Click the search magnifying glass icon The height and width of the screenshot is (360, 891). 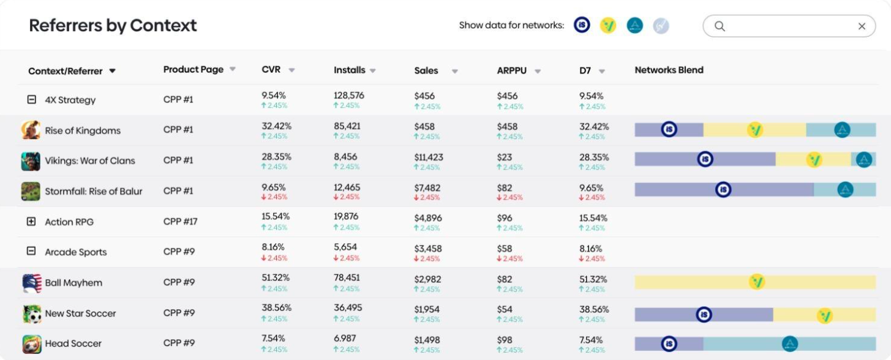720,26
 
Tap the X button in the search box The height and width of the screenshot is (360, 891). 862,26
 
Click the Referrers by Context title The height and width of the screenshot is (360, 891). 113,26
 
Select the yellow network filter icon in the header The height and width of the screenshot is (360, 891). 608,26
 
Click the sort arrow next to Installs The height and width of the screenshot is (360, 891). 373,71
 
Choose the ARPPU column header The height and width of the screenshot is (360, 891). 511,70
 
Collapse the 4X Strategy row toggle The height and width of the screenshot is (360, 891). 31,99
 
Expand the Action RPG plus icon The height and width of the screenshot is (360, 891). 31,221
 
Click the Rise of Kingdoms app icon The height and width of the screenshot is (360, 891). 31,130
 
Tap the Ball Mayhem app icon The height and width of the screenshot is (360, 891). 32,283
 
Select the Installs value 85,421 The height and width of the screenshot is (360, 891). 347,126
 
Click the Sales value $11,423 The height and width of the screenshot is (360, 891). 429,157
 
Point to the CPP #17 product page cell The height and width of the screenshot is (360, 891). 180,221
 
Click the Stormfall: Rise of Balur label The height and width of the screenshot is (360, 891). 94,192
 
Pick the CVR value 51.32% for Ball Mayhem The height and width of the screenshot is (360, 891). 275,278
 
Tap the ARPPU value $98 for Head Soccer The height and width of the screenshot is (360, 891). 505,340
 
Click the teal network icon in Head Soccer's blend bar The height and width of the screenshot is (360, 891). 789,344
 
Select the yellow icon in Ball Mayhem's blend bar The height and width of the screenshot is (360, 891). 756,282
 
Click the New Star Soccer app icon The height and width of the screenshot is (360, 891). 32,313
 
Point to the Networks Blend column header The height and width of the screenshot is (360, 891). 669,70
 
